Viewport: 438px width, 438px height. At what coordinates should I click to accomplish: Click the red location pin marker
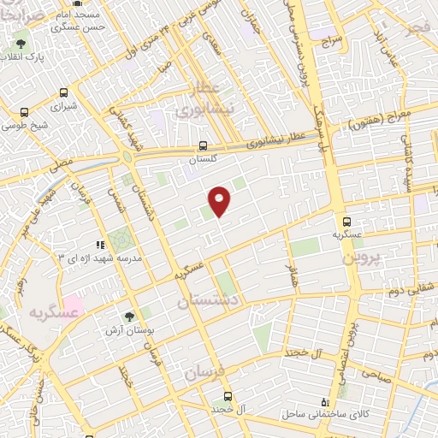[x=220, y=200]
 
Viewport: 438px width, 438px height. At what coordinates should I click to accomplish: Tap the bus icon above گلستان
[x=203, y=145]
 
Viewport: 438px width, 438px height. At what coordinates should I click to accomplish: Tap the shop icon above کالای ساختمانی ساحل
[x=323, y=401]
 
